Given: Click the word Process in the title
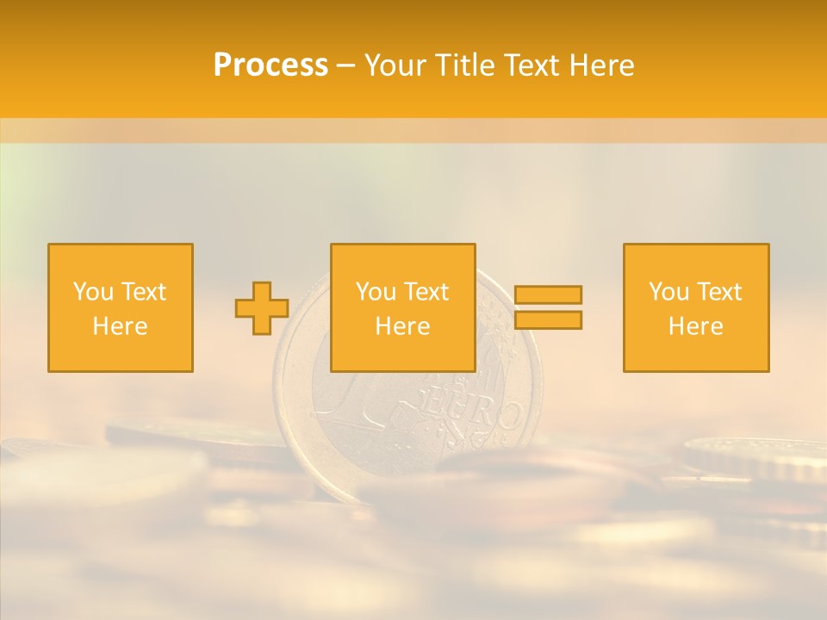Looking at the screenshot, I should (270, 65).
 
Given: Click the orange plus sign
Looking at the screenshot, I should (262, 308).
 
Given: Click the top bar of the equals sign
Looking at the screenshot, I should (548, 294).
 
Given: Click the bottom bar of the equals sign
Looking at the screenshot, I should (548, 320).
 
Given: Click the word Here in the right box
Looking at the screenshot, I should (695, 326).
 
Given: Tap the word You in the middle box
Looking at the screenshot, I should (376, 292).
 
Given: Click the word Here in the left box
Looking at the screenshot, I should (120, 326).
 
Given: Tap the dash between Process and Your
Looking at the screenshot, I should (345, 66).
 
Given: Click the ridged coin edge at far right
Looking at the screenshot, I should (758, 456).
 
